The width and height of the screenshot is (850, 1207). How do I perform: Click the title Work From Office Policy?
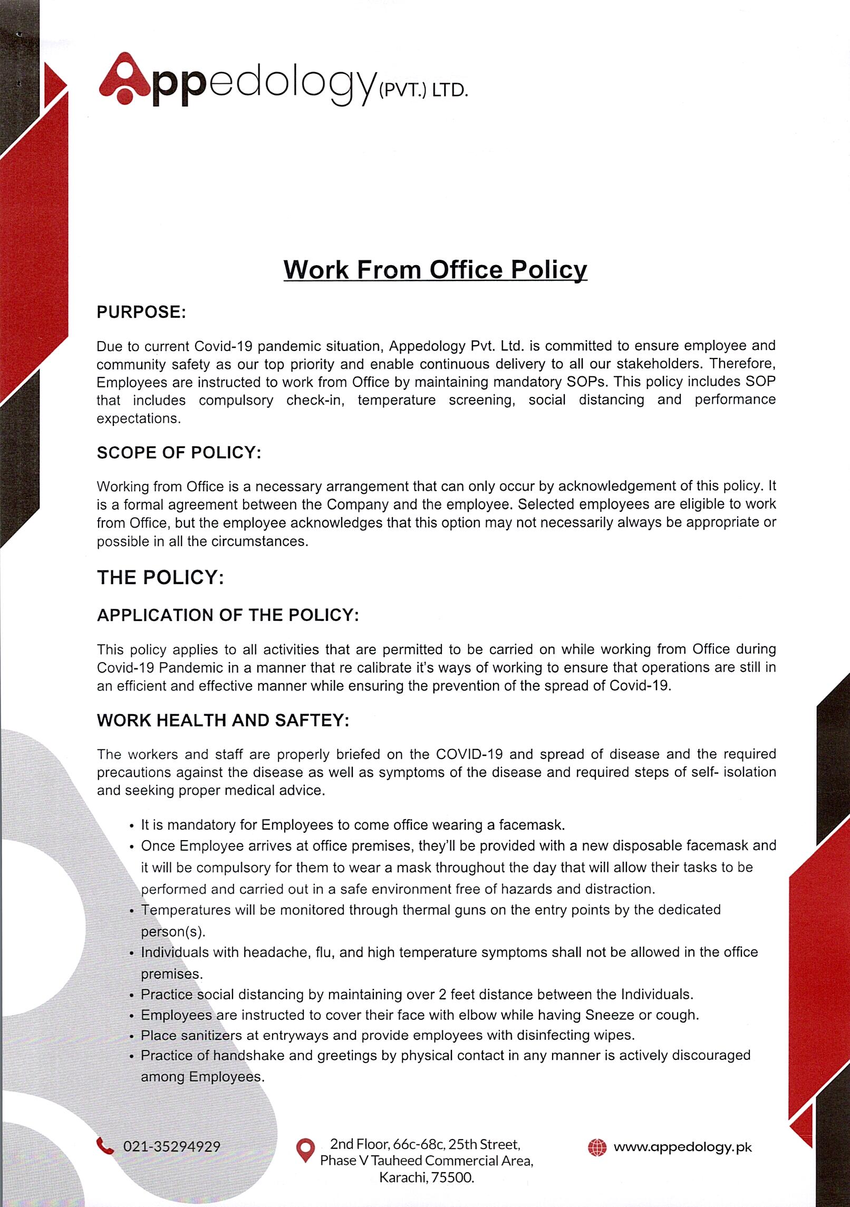click(435, 269)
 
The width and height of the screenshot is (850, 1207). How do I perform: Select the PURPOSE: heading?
click(141, 312)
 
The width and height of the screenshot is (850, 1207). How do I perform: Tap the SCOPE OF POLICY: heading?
click(179, 452)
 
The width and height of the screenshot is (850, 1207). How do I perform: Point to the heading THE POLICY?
click(160, 577)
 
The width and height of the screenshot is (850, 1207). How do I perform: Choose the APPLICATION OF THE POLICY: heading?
click(228, 615)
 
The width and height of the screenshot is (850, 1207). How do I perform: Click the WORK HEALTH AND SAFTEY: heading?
click(223, 720)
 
